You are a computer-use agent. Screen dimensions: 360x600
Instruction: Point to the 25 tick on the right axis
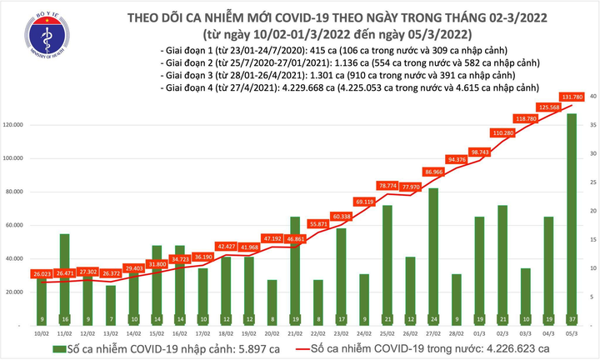592,182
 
